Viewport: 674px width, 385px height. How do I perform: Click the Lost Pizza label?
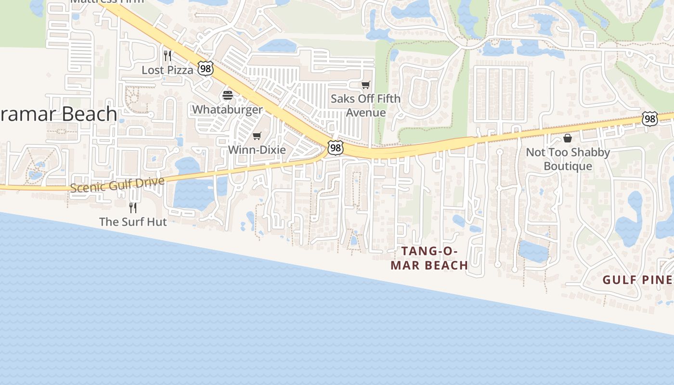(x=167, y=70)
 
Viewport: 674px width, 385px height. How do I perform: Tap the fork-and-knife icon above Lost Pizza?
(x=167, y=56)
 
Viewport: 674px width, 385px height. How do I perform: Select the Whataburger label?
(x=227, y=110)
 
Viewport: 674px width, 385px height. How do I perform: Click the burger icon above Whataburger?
(x=228, y=95)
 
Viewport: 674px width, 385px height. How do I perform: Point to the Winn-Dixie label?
(x=257, y=150)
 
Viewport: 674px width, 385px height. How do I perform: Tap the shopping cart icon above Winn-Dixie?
(x=257, y=136)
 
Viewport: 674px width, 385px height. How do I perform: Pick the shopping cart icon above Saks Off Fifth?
(x=366, y=85)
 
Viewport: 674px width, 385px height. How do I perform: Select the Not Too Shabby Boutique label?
(x=568, y=159)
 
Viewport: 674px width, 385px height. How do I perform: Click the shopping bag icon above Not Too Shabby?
(x=568, y=139)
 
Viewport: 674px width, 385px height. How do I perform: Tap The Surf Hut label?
(x=133, y=222)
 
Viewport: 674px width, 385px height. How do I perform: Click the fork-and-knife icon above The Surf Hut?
(x=133, y=208)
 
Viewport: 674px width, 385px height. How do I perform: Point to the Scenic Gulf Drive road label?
(x=117, y=184)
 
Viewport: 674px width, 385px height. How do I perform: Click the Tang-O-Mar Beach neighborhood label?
(x=429, y=258)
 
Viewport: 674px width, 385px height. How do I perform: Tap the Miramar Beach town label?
(x=58, y=115)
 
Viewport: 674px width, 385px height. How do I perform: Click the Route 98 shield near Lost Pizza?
(x=206, y=69)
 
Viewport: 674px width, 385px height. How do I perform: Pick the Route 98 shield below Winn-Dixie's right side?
(x=335, y=148)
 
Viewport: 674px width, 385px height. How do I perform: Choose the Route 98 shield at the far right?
(x=649, y=119)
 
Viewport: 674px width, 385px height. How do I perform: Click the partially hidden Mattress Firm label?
(x=107, y=2)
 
